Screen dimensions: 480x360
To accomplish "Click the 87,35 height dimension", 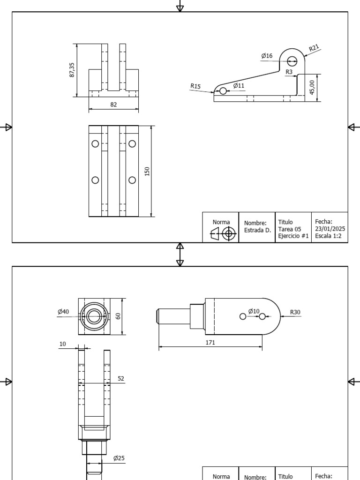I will (x=72, y=70).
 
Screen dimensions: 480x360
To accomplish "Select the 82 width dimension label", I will (x=113, y=105).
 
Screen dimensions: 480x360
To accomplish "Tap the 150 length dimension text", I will (x=147, y=171).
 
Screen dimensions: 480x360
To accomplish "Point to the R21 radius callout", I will (x=314, y=47).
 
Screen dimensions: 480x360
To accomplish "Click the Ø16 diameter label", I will (x=267, y=56).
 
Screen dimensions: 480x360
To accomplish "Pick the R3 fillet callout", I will (x=289, y=72).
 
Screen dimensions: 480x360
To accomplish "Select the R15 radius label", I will (x=195, y=86).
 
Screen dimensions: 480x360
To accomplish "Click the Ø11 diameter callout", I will (x=239, y=85).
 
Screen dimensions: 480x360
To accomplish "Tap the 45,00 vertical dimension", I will (x=313, y=87).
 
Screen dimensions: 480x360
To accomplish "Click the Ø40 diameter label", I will (x=63, y=312).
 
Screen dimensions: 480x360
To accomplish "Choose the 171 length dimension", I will (x=210, y=343).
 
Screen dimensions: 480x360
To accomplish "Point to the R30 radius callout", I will (x=295, y=312).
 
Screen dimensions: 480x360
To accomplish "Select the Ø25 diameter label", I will (x=119, y=458).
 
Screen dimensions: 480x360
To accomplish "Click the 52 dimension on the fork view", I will (x=121, y=378).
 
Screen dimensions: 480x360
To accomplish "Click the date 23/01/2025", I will (x=330, y=229).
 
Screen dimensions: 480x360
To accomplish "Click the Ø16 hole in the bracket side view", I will (x=292, y=60).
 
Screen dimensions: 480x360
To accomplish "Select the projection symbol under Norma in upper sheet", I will (x=222, y=233).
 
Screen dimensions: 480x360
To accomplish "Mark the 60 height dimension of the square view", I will (x=119, y=316).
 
